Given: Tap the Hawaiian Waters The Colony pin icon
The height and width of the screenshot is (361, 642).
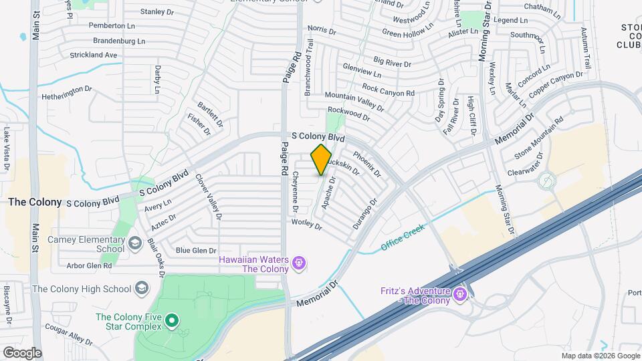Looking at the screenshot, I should coord(299,263).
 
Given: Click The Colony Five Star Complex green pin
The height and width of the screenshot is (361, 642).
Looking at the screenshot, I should coord(172,321).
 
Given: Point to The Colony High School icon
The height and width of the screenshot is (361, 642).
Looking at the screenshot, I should coord(142,289).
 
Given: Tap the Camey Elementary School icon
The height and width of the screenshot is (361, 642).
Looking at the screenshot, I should coord(134,242).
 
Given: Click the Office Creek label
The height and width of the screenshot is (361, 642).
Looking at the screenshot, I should coord(403,238).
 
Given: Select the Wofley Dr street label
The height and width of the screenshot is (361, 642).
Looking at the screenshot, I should coord(307,224).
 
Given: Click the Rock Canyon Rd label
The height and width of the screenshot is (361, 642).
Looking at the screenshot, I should coord(388,90).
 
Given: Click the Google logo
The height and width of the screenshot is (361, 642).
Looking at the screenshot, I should coord(22,353).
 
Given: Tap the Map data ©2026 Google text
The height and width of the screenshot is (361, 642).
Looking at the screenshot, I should coord(600,356).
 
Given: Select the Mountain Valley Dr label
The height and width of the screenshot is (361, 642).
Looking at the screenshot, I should coord(354,102).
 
